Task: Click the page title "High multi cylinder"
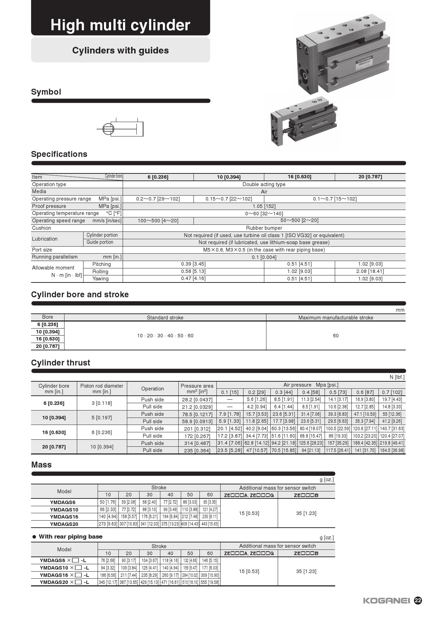[x=120, y=25]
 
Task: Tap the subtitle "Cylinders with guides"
[x=120, y=50]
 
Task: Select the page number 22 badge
[x=418, y=600]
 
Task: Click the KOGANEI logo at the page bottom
[x=386, y=600]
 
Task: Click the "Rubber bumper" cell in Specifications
[x=264, y=228]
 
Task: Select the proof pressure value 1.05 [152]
[x=264, y=206]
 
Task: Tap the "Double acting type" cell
[x=264, y=184]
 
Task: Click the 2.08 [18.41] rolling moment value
[x=370, y=271]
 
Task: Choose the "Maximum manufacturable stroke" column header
[x=336, y=318]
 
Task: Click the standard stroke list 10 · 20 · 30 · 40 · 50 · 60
[x=165, y=336]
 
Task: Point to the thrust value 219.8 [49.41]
[x=392, y=443]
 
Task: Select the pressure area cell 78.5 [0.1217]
[x=197, y=414]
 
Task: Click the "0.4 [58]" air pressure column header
[x=311, y=392]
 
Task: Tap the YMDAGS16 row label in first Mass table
[x=64, y=517]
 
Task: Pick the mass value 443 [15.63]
[x=210, y=524]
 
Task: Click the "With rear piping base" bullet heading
[x=70, y=537]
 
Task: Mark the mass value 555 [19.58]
[x=210, y=582]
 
